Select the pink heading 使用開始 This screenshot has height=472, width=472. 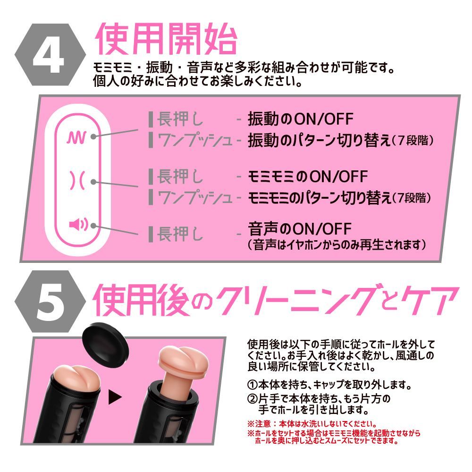165,39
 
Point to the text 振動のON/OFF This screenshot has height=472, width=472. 300,119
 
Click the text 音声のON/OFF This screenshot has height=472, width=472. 300,230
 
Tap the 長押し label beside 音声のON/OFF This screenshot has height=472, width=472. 179,233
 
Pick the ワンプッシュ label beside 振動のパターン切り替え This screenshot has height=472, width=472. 194,140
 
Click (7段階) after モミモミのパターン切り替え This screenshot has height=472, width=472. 411,198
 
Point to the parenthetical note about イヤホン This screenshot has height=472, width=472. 338,245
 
